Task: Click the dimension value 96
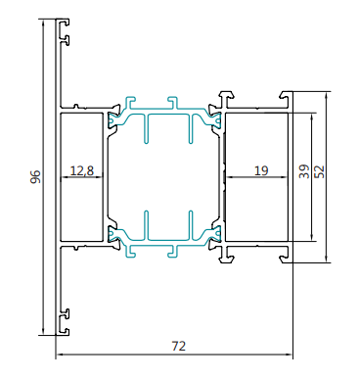point(36,176)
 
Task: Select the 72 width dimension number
point(178,346)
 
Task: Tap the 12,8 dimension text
point(82,170)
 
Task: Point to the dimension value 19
point(261,170)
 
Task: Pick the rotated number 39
point(304,171)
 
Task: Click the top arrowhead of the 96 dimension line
point(43,23)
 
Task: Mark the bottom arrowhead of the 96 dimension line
point(43,331)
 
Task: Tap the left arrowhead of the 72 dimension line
point(60,354)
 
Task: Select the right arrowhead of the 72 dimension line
point(289,354)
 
